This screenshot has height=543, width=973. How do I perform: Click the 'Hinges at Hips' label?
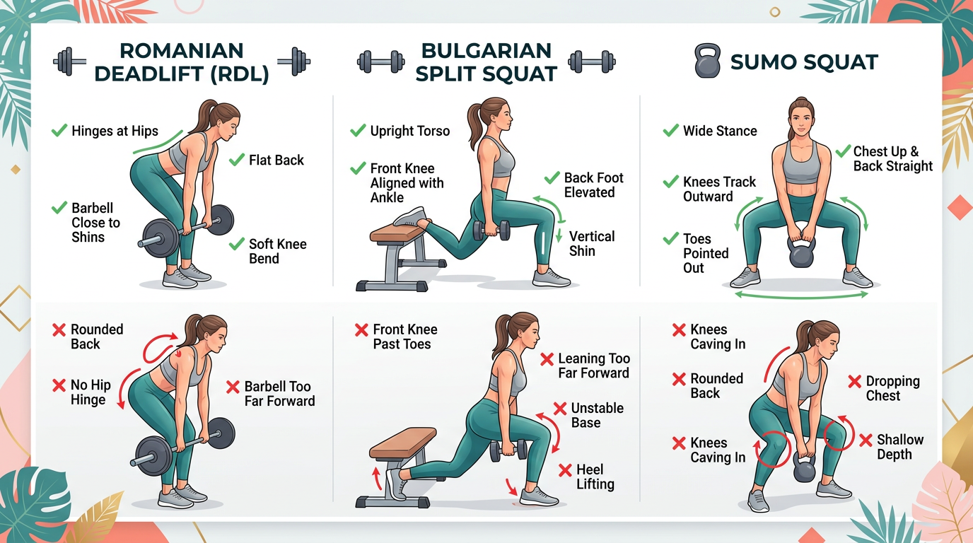click(x=115, y=131)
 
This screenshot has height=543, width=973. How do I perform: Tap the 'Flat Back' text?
click(x=276, y=160)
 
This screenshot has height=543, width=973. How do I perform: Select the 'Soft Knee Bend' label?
click(x=277, y=251)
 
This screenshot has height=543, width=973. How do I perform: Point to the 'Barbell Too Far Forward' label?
click(x=279, y=394)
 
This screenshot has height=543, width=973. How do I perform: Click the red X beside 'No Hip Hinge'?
click(x=59, y=385)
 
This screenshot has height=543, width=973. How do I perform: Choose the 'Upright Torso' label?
click(x=409, y=131)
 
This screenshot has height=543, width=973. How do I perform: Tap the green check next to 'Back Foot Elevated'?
click(x=552, y=178)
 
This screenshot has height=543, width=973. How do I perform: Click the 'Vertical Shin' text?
click(x=592, y=244)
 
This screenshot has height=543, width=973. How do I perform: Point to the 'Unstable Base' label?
click(x=597, y=415)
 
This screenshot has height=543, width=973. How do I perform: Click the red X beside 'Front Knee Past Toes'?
click(x=361, y=329)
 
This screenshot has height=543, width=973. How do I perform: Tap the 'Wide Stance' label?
click(x=719, y=131)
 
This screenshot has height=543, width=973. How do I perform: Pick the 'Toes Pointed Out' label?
click(x=705, y=253)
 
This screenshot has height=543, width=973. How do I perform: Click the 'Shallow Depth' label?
click(x=900, y=447)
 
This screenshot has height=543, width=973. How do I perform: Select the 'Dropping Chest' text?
click(x=892, y=388)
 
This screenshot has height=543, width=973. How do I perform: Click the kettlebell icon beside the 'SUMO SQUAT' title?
click(x=706, y=62)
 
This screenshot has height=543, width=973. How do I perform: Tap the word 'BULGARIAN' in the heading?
click(x=486, y=51)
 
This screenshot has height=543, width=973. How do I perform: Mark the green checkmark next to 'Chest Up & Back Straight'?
click(x=842, y=151)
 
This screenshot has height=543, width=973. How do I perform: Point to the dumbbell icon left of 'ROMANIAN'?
click(x=70, y=62)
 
